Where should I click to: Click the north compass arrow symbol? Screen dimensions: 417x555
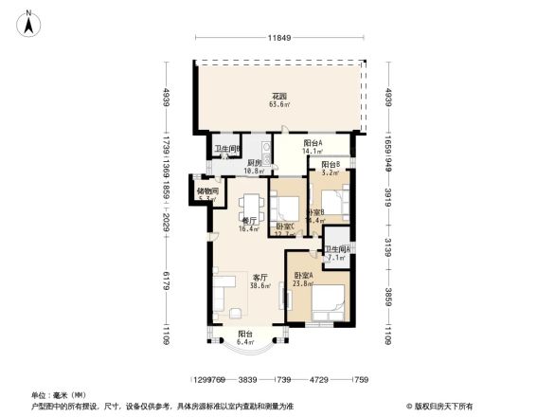click(x=29, y=22)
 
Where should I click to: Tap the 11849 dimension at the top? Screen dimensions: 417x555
click(x=277, y=37)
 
